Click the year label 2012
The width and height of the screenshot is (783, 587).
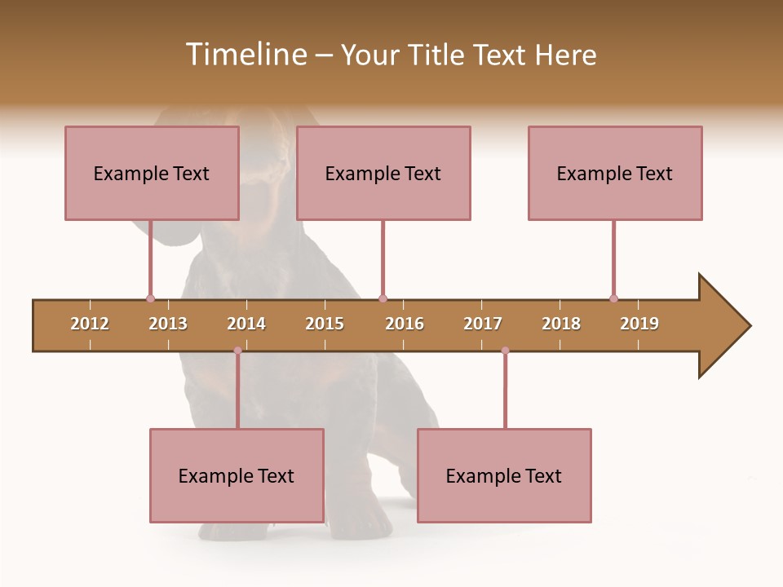[x=90, y=324]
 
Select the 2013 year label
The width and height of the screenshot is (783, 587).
[x=168, y=324]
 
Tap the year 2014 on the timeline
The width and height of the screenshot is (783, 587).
[x=246, y=324]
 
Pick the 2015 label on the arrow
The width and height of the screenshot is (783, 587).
[x=325, y=324]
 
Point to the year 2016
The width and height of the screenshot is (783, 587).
[x=405, y=324]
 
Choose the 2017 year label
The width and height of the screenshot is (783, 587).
[x=483, y=324]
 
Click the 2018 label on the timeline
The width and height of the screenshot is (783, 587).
[x=561, y=324]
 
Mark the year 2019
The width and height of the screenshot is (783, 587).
[x=639, y=324]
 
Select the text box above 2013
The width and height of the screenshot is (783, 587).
[x=152, y=173]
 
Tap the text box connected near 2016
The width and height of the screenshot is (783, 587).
[x=383, y=173]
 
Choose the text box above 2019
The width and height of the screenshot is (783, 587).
[x=615, y=173]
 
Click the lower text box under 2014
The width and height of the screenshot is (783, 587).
[x=237, y=475]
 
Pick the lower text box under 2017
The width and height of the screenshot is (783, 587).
[x=504, y=475]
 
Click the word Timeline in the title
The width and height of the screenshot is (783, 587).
[x=246, y=55]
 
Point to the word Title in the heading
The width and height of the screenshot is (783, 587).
[x=437, y=55]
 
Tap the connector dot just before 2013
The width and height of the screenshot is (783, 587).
[x=150, y=298]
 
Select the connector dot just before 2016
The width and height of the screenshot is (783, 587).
[x=383, y=298]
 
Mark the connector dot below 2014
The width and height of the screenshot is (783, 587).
[x=237, y=351]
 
